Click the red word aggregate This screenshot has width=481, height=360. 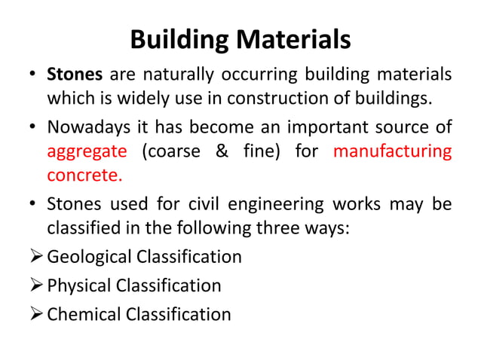click(87, 151)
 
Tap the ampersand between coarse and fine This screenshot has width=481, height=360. click(221, 151)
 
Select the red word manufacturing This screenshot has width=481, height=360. click(392, 151)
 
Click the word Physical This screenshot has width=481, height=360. click(78, 285)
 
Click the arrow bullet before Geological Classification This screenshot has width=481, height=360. click(34, 257)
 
